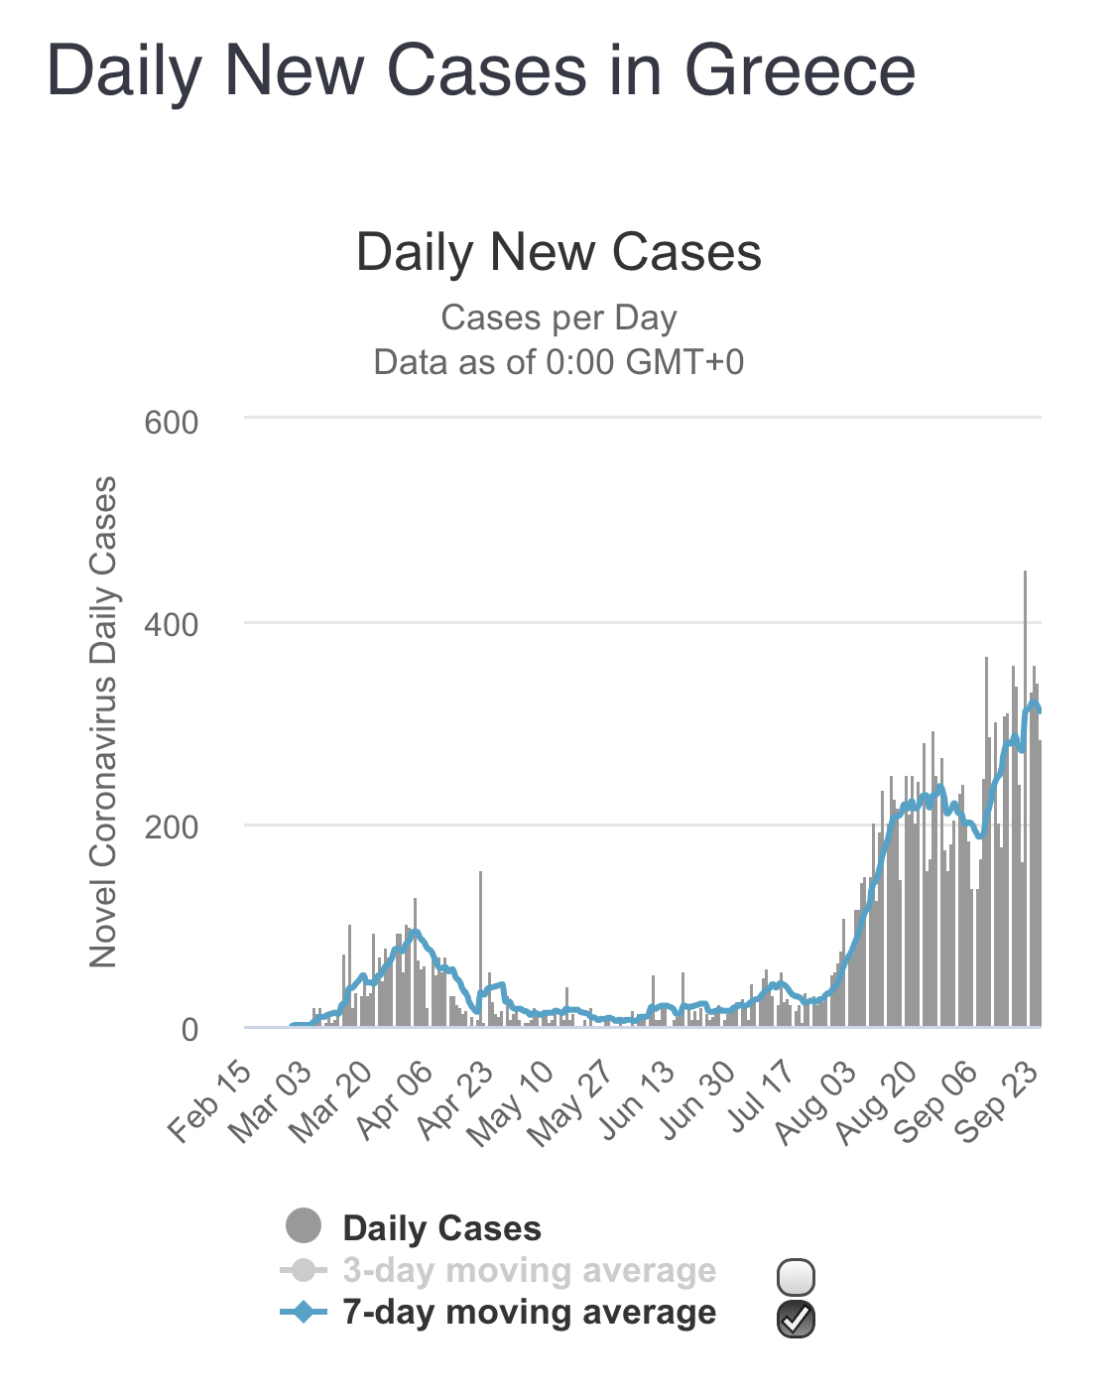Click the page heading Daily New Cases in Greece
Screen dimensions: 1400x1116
[481, 71]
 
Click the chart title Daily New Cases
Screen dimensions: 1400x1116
[558, 252]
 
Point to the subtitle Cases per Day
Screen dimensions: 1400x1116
[558, 318]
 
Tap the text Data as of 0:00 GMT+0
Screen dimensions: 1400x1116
[558, 362]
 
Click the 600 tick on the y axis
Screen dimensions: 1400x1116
[172, 423]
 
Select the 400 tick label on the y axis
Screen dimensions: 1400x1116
[172, 625]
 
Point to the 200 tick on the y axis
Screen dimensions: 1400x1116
[172, 827]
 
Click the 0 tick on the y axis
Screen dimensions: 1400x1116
[189, 1030]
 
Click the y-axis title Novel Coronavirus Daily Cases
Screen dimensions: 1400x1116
[103, 721]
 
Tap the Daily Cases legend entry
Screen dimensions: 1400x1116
[441, 1228]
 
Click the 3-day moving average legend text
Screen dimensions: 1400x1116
[529, 1270]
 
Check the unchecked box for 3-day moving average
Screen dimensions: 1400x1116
[797, 1276]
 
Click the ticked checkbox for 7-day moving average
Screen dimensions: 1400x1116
[797, 1319]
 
